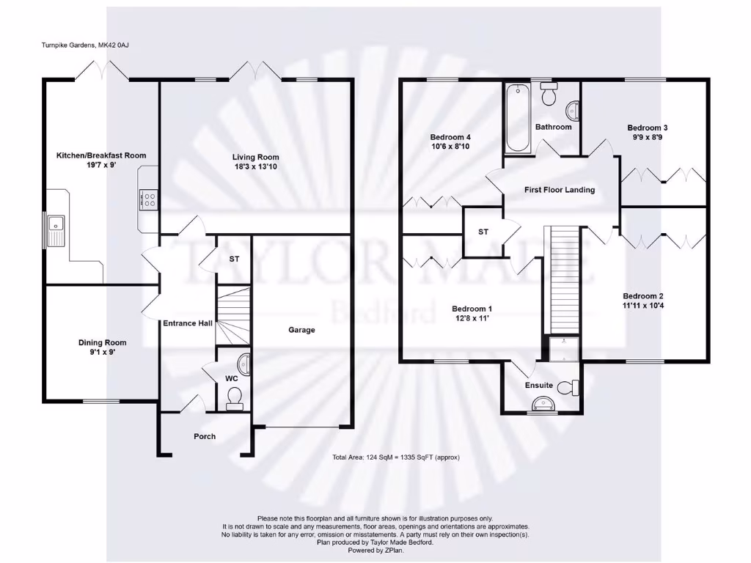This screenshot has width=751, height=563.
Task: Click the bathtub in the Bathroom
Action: coord(518,118)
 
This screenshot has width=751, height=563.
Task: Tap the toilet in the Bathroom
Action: coord(548,95)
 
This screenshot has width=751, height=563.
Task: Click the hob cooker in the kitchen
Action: coord(147,200)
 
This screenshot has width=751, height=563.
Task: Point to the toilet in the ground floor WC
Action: coord(235,397)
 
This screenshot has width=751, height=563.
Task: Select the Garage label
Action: coord(301,330)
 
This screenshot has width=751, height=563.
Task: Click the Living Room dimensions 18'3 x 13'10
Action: coord(256,168)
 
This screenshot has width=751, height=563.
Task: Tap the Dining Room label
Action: coord(103,342)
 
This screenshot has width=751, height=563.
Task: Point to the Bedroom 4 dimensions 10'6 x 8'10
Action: coord(450,147)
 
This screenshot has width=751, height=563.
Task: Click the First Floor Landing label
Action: coord(560,190)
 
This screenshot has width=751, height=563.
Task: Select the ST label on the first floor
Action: coord(483,232)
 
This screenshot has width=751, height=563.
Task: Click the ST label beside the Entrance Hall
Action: coord(234,260)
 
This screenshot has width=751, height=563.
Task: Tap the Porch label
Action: coord(205,436)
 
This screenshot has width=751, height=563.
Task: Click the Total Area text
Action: coord(395,457)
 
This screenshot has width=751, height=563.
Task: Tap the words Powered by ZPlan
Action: coord(375,550)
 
